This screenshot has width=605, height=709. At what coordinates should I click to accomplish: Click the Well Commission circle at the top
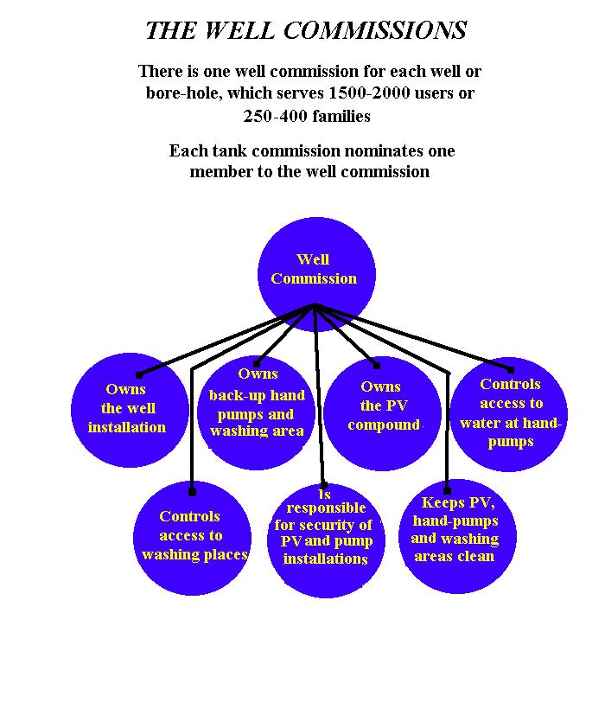tap(316, 274)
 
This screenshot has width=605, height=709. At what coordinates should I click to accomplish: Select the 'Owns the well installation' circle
tap(130, 410)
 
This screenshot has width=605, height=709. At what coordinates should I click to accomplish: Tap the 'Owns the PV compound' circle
tap(382, 413)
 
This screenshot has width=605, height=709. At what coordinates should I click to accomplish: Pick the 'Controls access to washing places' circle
tap(192, 538)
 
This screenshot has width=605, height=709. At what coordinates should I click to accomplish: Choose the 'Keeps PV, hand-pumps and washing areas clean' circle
tap(457, 536)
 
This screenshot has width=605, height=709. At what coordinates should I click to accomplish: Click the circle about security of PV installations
tap(326, 540)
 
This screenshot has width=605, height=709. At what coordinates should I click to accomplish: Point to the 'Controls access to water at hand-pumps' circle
tap(509, 414)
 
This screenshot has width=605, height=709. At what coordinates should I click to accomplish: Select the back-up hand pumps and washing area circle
tap(256, 412)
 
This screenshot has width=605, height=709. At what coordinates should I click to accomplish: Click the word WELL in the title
tap(239, 31)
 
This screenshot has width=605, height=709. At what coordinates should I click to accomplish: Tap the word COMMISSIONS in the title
tap(374, 31)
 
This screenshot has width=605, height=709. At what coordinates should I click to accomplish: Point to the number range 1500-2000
tap(369, 93)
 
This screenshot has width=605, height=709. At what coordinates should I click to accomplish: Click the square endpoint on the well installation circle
tap(139, 375)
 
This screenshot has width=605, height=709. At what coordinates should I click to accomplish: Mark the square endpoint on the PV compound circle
tap(376, 366)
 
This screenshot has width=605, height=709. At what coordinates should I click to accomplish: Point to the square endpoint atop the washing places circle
tap(192, 492)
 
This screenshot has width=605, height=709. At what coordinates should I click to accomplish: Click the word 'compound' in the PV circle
tap(384, 425)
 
